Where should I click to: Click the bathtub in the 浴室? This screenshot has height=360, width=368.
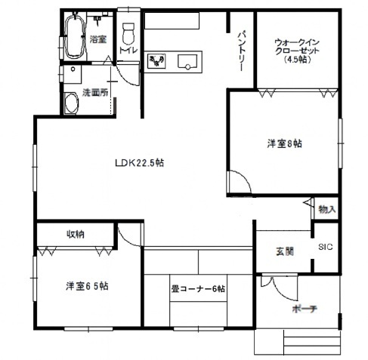(x=75, y=37)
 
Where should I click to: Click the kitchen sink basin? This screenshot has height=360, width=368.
(x=187, y=62)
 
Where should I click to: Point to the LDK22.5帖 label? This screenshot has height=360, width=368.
(x=140, y=162)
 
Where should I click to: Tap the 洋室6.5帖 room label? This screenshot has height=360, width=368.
(x=86, y=286)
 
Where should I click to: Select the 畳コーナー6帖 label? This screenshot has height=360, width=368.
(x=197, y=288)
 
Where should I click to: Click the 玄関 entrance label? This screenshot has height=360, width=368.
(x=274, y=251)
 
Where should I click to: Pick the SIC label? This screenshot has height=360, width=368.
(x=325, y=248)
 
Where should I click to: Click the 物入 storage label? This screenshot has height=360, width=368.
(x=326, y=209)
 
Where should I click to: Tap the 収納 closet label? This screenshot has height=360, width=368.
(x=74, y=234)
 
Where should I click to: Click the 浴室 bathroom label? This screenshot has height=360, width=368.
(x=97, y=38)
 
